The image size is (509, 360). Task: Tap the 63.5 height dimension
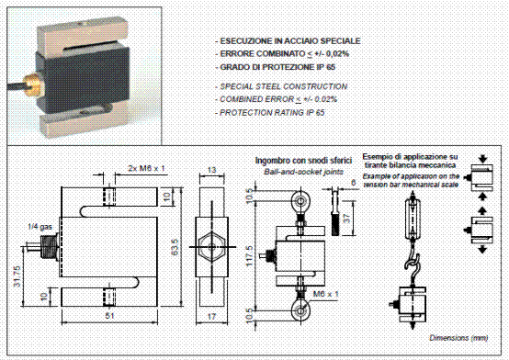(175, 247)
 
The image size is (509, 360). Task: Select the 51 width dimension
(110, 315)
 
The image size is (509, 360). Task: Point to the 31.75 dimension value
(17, 276)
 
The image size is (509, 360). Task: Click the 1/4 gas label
(40, 227)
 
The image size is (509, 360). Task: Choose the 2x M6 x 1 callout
(146, 168)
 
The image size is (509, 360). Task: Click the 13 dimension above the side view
(211, 170)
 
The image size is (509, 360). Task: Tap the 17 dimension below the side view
(211, 316)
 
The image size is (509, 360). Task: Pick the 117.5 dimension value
(250, 256)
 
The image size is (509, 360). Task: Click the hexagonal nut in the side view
(211, 247)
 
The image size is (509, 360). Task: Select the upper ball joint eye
(301, 200)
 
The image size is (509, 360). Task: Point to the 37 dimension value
(346, 219)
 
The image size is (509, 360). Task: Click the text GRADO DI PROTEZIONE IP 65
(277, 67)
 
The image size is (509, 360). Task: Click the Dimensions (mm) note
(458, 338)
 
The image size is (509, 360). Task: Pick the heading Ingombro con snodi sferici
(303, 161)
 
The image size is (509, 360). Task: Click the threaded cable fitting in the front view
(49, 246)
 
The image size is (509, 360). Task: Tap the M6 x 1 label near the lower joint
(325, 294)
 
